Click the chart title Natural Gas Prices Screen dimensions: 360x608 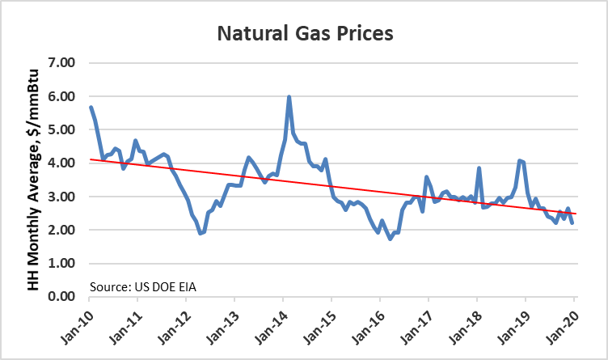(x=304, y=35)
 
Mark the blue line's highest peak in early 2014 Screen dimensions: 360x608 (x=289, y=97)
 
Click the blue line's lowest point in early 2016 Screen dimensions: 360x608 (x=390, y=239)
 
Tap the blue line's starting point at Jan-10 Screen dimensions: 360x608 (x=91, y=107)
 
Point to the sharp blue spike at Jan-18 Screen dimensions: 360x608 (x=479, y=168)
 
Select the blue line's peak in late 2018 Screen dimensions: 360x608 (x=520, y=160)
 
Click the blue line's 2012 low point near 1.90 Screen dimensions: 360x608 (x=201, y=233)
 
